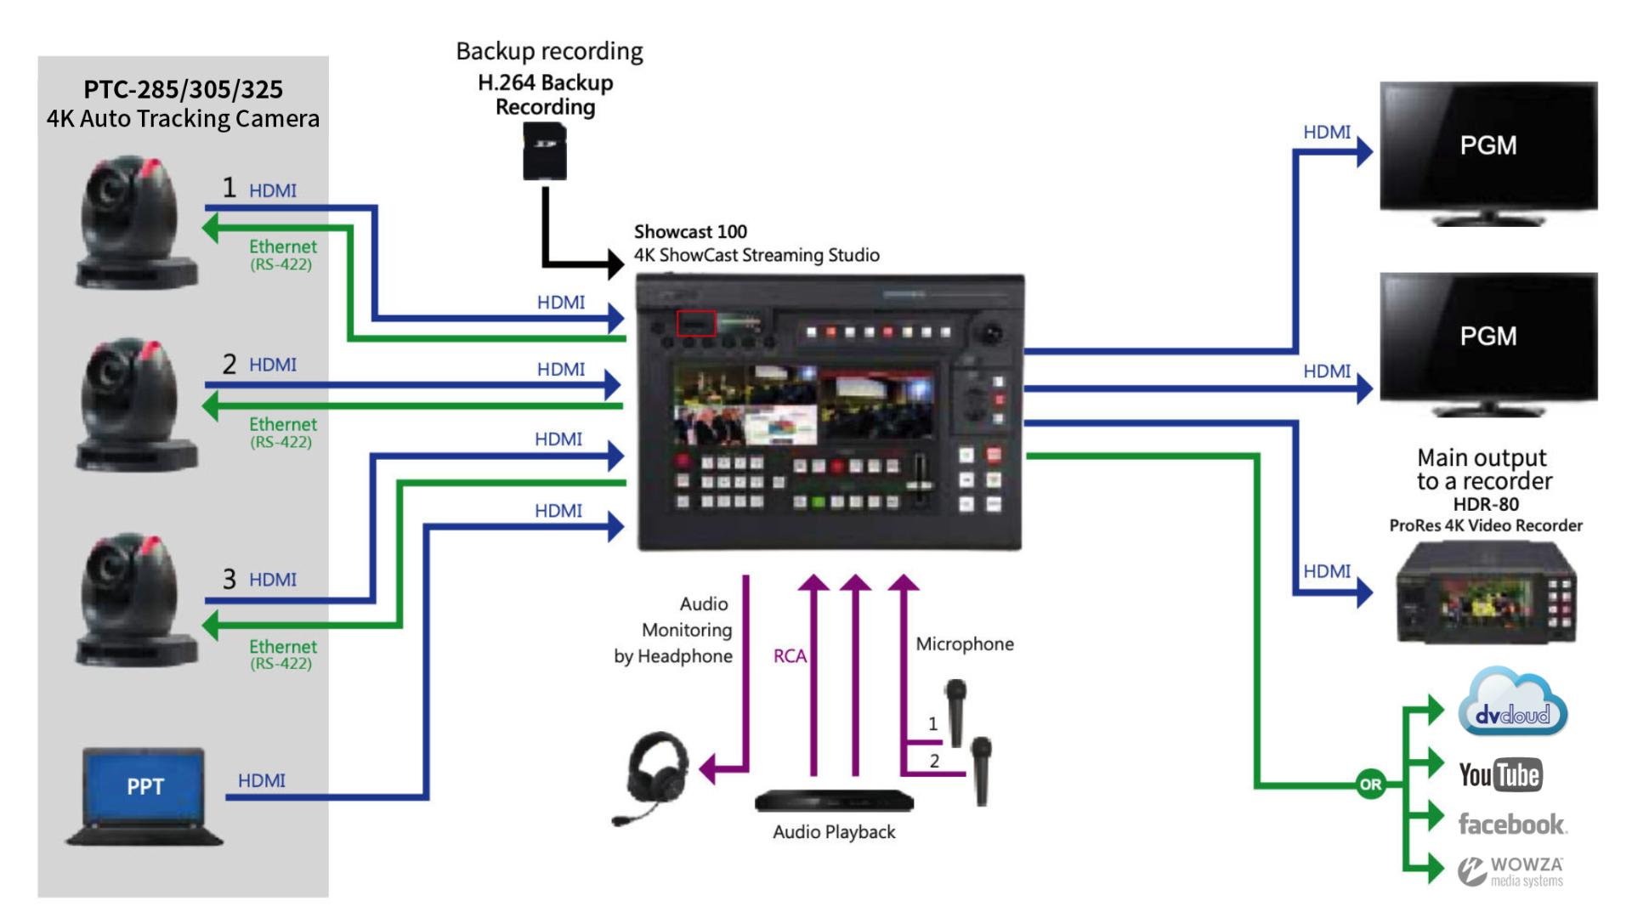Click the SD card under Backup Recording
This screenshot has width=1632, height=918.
coord(545,150)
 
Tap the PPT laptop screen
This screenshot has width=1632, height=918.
coord(144,786)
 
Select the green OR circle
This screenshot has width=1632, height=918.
coord(1370,784)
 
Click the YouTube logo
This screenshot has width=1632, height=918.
coord(1500,774)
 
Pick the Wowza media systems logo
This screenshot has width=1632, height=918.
coord(1511,871)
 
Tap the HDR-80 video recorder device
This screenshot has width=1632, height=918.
coord(1487,594)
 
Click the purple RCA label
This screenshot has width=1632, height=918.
coord(790,656)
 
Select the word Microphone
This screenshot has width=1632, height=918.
coord(965,644)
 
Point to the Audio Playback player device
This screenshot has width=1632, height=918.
coord(834,801)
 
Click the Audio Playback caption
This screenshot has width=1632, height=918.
coord(834,832)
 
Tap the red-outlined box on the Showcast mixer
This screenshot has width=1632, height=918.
coord(696,323)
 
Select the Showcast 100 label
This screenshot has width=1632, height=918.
coord(690,231)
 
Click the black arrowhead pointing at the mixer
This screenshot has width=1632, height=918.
coord(616,263)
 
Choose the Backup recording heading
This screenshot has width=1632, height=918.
coord(549,51)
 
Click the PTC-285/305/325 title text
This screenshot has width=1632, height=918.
coord(183,89)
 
